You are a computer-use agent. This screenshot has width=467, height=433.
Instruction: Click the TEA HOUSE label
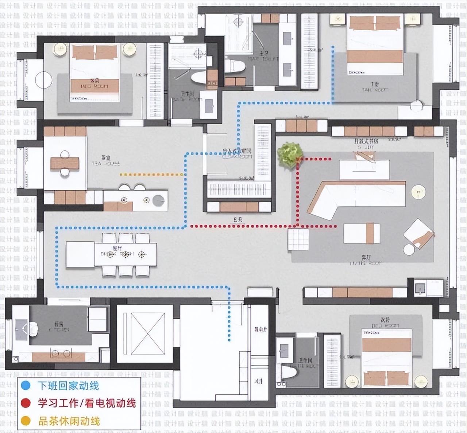click(x=106, y=161)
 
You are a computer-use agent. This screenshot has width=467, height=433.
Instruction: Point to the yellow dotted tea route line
click(x=151, y=175)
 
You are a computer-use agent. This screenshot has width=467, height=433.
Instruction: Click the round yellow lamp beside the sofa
click(x=418, y=192)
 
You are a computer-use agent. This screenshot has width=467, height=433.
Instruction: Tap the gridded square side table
click(x=298, y=239)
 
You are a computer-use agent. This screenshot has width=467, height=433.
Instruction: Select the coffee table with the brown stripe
click(x=362, y=234)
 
